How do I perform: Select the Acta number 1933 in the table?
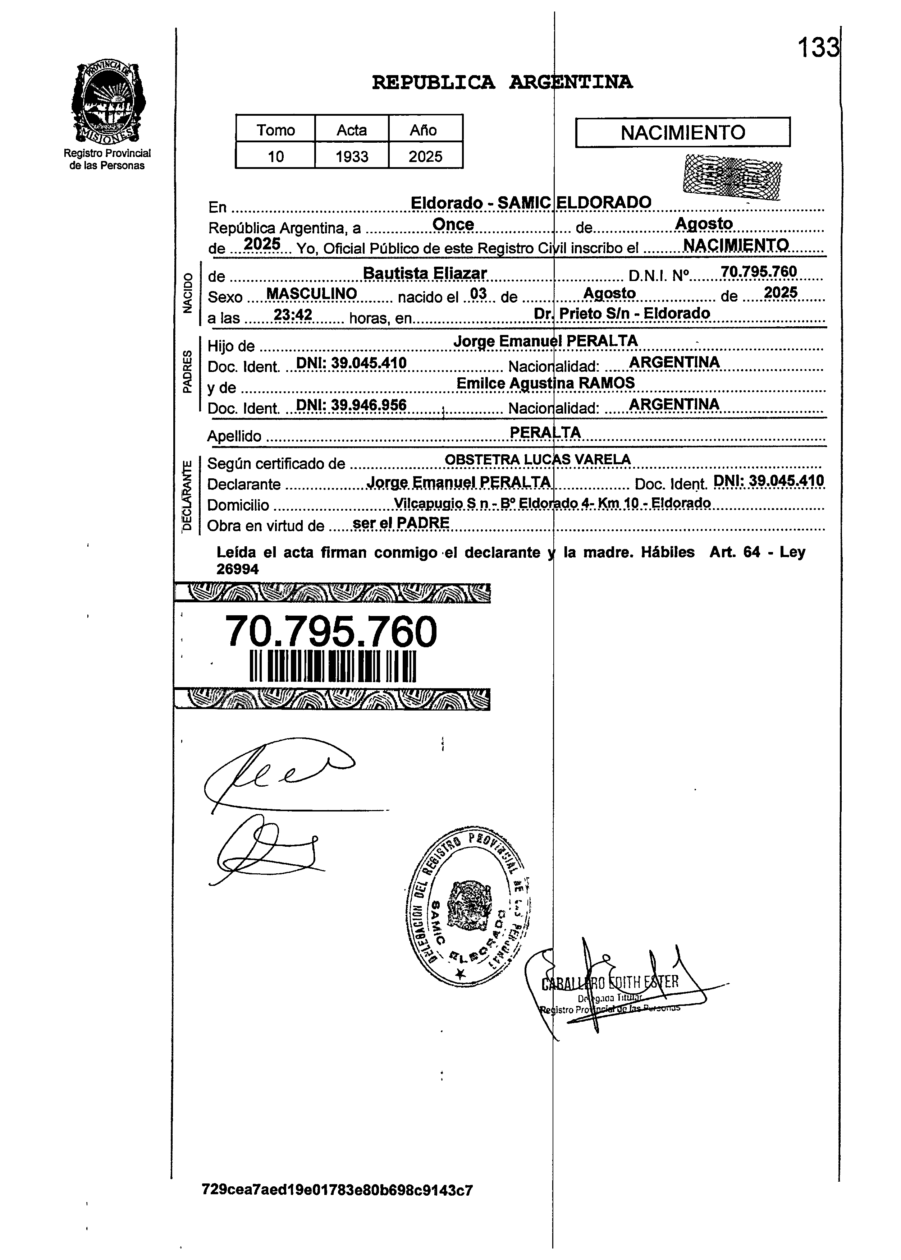tap(352, 156)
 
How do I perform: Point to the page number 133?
tap(818, 48)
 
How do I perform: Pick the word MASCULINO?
tap(311, 294)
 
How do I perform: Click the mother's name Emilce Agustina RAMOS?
tap(545, 383)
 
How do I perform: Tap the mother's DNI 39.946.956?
tap(351, 405)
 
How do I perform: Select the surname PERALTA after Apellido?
tap(545, 433)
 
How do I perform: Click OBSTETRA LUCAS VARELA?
tap(538, 459)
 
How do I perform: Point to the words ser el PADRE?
tap(401, 523)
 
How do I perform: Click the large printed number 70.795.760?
tap(331, 632)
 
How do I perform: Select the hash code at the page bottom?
tap(337, 1190)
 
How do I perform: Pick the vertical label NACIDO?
tap(188, 294)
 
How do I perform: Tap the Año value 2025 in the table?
tap(426, 156)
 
